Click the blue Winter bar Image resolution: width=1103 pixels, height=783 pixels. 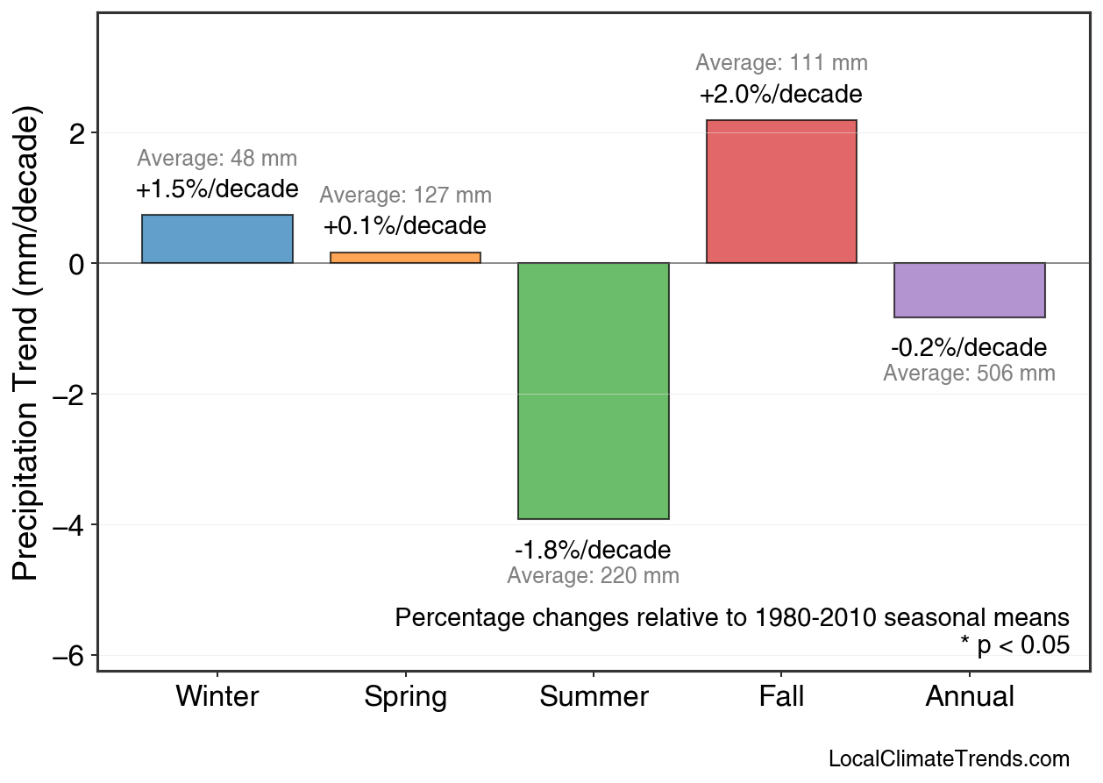click(217, 239)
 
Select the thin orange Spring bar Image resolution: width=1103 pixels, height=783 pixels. click(405, 258)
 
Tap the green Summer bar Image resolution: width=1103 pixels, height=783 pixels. click(594, 391)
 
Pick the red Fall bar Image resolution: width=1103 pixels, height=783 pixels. click(781, 192)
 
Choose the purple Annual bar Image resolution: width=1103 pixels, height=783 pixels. click(969, 290)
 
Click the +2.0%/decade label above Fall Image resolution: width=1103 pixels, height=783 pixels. click(781, 94)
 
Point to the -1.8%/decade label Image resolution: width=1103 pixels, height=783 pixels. click(593, 551)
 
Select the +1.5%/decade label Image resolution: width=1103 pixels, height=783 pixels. click(217, 189)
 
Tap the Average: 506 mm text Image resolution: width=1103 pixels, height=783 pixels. click(969, 374)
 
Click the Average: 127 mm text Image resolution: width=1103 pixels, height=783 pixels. click(405, 196)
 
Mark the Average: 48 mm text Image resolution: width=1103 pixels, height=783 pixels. click(217, 159)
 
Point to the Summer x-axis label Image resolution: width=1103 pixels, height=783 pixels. click(594, 697)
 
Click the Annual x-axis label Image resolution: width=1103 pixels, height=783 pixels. click(969, 697)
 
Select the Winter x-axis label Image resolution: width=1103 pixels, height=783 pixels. click(217, 697)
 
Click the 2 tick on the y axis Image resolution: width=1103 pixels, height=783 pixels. click(77, 133)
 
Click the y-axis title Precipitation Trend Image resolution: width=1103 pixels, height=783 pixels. click(28, 344)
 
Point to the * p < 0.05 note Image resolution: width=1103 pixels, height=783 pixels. click(1014, 645)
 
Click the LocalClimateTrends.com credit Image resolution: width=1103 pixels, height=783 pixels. click(949, 759)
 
